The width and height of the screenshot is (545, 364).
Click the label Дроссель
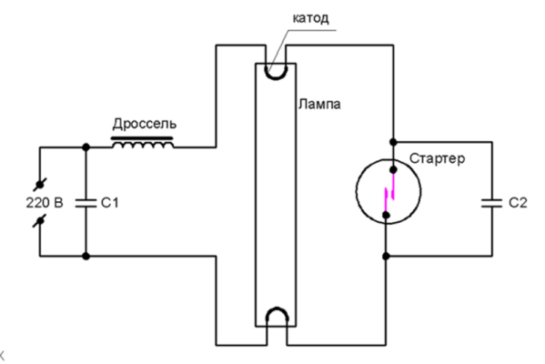[x=145, y=124]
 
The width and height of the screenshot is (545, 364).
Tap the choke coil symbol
[x=143, y=143]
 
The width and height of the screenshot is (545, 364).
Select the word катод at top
[x=311, y=18]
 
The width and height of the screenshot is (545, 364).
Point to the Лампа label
[x=319, y=105]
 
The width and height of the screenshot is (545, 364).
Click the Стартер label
[x=437, y=158]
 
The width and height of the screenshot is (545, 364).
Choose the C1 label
[x=110, y=203]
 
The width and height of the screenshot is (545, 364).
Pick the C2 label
[x=518, y=203]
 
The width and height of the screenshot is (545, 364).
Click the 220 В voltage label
[x=45, y=203]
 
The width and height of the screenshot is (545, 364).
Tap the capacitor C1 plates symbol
[x=86, y=203]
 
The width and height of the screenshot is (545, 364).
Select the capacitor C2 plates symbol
[x=492, y=203]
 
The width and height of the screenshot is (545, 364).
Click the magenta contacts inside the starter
[x=390, y=193]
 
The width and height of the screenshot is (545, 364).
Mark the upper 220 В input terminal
[x=40, y=185]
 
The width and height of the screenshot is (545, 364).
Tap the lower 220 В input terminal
[x=40, y=221]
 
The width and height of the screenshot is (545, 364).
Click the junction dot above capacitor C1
[x=86, y=147]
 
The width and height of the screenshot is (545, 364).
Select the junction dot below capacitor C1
[x=86, y=257]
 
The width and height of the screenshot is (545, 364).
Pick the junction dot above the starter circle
[x=393, y=142]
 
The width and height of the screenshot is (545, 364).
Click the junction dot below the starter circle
[x=386, y=257]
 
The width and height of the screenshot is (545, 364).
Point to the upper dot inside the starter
[x=393, y=169]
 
